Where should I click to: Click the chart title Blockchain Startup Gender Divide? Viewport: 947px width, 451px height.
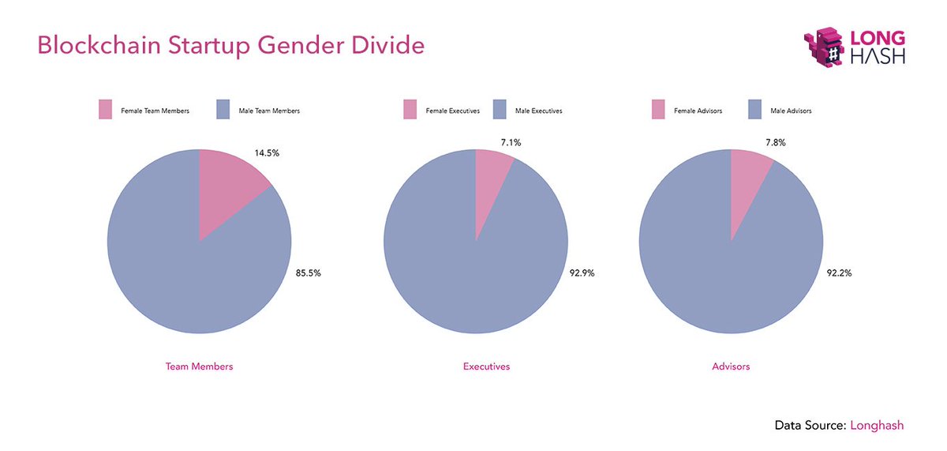(230, 46)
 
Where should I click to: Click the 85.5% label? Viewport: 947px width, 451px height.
(308, 272)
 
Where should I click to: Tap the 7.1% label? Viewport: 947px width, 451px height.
(510, 142)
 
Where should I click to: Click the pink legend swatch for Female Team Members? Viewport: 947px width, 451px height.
(107, 111)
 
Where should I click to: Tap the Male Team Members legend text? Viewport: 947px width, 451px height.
(269, 111)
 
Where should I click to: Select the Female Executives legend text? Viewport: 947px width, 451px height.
(452, 111)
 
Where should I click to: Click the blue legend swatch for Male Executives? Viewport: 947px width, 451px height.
(500, 111)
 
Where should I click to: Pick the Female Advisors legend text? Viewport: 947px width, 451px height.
(698, 111)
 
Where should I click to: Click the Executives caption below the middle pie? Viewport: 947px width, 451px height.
(486, 366)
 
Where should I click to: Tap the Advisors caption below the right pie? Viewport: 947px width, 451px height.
(731, 366)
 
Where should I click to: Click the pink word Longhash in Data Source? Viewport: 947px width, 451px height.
(876, 425)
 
